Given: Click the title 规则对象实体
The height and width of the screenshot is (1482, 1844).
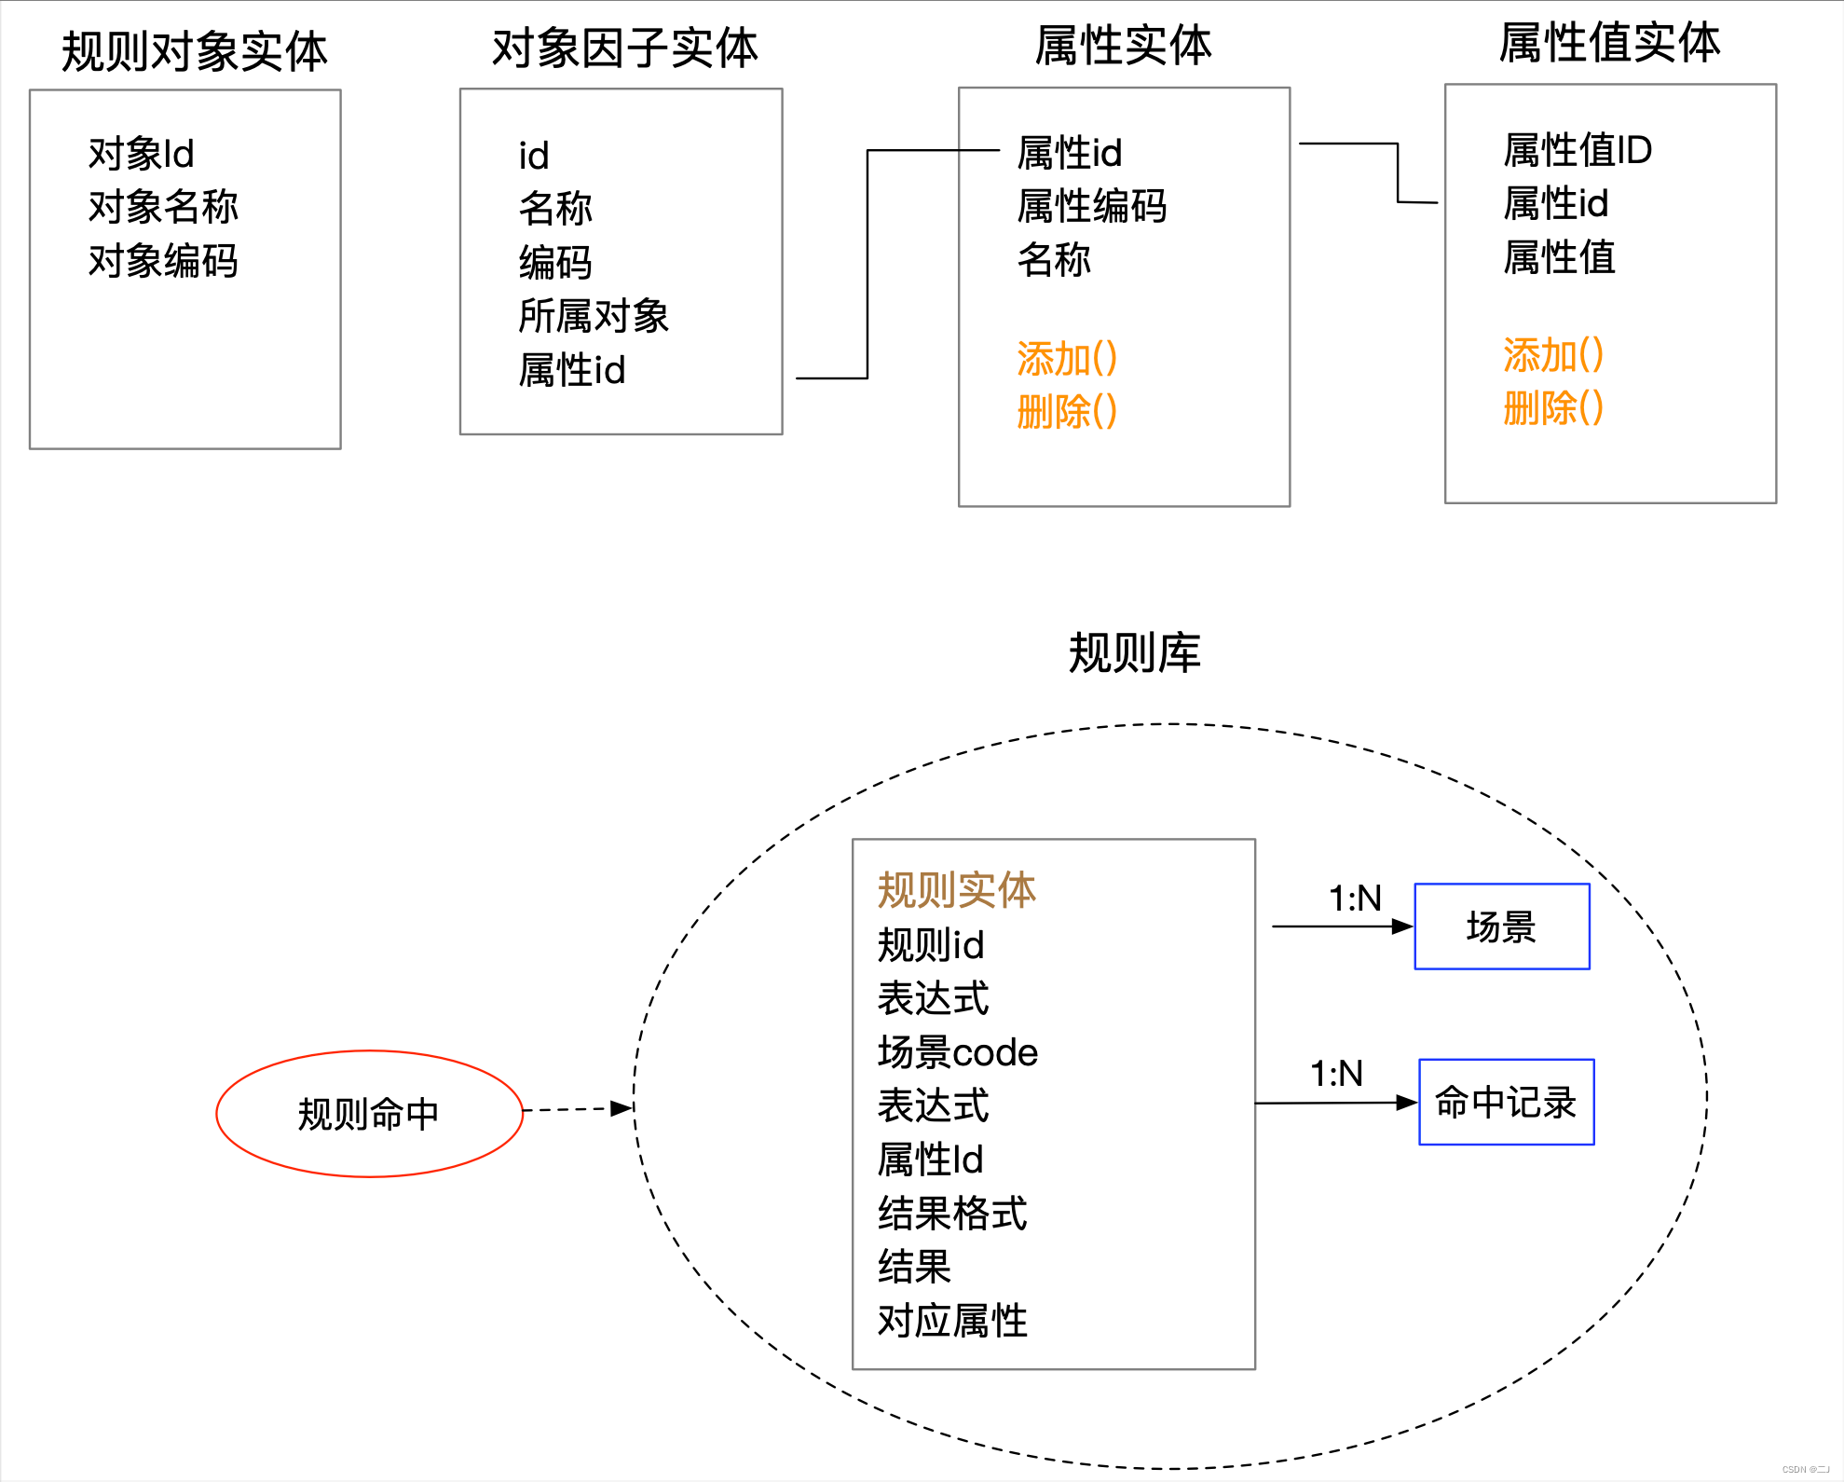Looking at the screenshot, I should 194,51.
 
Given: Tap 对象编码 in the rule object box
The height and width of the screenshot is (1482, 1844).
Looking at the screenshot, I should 163,261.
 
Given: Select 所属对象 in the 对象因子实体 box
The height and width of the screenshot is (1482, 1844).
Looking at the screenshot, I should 594,316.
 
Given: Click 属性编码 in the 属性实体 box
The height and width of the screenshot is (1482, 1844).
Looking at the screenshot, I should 1091,206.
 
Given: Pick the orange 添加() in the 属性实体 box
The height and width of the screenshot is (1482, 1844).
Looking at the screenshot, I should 1067,359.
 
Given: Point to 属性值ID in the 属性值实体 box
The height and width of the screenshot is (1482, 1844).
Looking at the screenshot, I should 1578,150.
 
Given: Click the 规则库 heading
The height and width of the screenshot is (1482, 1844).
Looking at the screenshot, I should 1134,652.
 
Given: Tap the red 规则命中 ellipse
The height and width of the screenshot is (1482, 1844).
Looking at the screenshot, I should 369,1114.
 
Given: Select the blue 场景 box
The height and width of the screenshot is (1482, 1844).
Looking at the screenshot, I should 1501,926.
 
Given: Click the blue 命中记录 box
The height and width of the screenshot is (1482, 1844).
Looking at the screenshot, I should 1506,1102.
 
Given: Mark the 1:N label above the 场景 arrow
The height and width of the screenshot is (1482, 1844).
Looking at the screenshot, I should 1355,899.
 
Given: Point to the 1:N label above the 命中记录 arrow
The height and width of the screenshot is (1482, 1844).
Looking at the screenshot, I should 1336,1074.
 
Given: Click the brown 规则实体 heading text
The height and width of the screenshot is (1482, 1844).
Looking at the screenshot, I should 956,890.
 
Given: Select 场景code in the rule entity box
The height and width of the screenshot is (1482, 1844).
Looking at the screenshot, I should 957,1052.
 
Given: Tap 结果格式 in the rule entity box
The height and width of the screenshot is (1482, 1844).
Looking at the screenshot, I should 951,1214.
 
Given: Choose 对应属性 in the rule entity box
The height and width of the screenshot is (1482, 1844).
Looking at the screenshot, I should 951,1321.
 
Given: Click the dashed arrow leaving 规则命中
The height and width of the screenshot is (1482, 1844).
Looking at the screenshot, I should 578,1109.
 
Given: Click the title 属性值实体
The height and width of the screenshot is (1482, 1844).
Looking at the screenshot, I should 1609,43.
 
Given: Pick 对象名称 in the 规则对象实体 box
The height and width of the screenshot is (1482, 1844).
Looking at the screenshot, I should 163,207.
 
